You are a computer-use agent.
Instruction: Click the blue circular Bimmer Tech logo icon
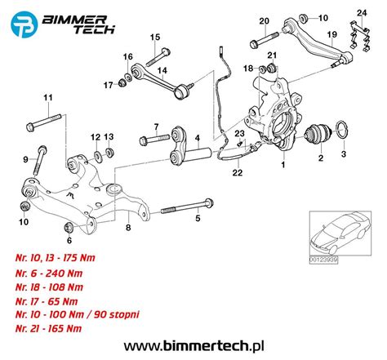pos(24,24)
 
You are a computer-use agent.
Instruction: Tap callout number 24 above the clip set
pos(362,13)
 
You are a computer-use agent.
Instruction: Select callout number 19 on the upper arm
pos(332,34)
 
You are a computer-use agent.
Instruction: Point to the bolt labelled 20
pos(264,40)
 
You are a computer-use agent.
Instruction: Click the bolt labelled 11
pos(45,122)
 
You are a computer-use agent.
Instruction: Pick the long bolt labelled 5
pos(187,207)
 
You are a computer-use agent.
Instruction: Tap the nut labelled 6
pos(68,228)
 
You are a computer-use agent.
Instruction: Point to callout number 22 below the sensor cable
pos(238,172)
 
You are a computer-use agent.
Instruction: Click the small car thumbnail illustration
pos(340,233)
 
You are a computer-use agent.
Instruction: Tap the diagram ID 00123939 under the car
pos(323,260)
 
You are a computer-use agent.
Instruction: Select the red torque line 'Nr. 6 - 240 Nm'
pos(49,273)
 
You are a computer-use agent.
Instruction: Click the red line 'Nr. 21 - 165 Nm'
pos(48,328)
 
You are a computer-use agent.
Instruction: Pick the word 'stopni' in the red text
pos(124,314)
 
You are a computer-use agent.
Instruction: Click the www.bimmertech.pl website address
pos(193,346)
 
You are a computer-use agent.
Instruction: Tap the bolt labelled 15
pos(158,57)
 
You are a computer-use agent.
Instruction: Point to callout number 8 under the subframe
pos(128,228)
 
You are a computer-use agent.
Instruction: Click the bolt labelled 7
pos(154,140)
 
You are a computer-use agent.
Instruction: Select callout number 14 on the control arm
pos(162,70)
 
